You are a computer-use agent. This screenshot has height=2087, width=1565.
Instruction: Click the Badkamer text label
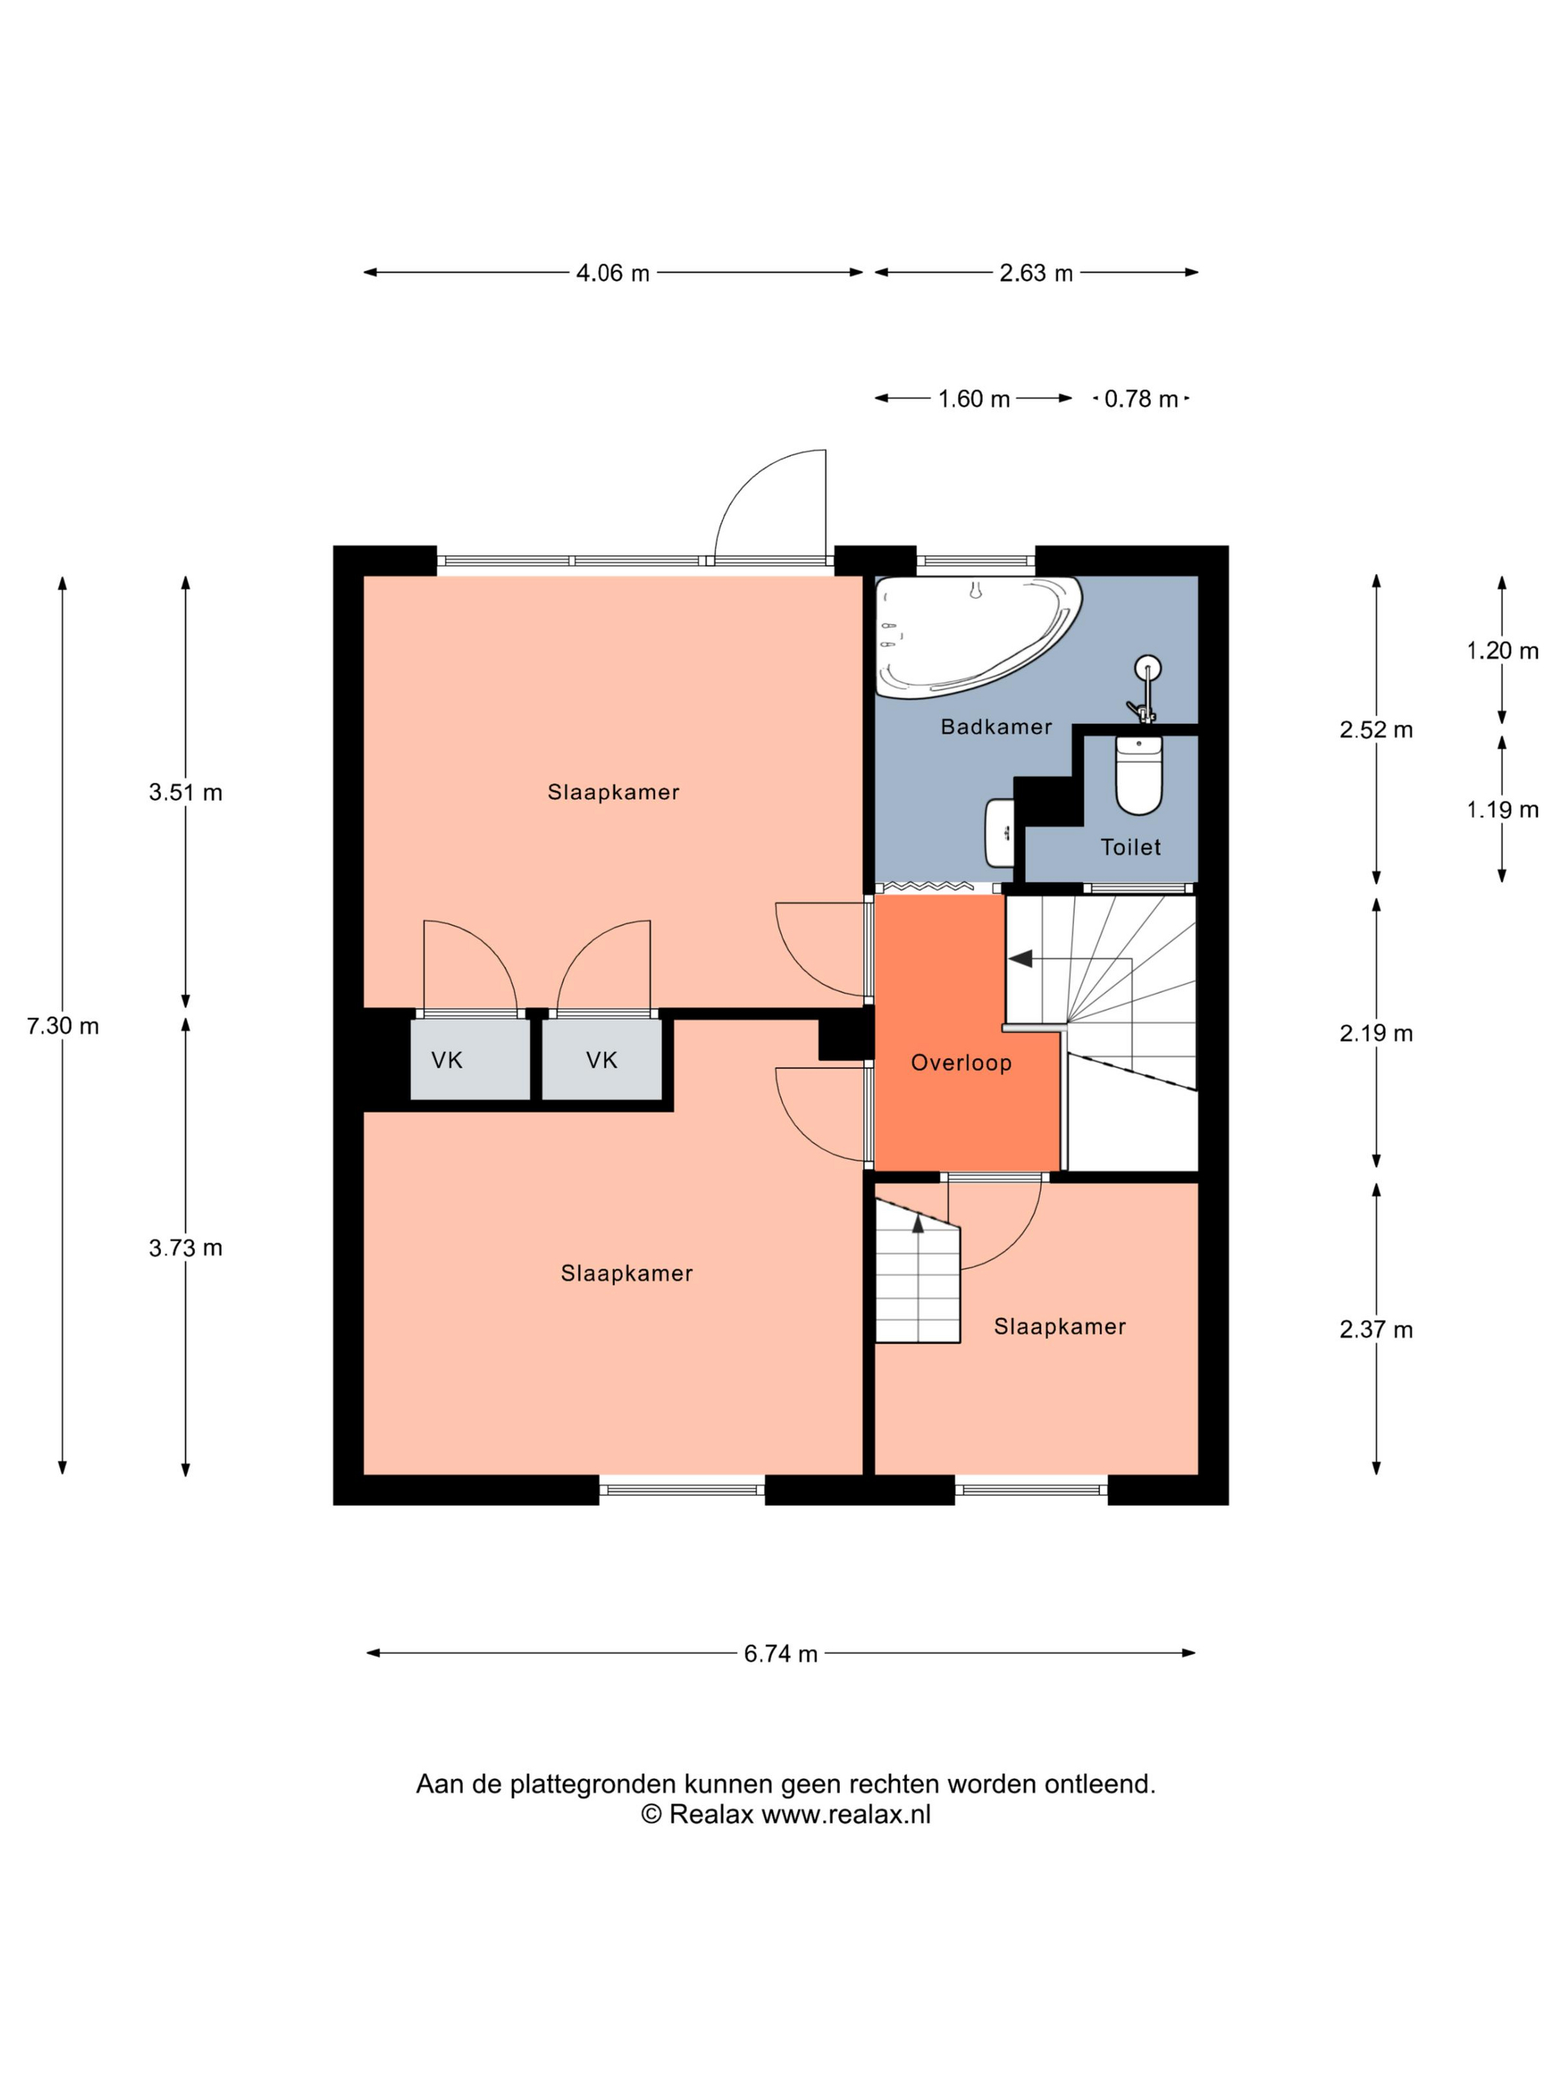tap(995, 727)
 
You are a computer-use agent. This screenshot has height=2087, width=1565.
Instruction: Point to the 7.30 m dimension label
tap(63, 1026)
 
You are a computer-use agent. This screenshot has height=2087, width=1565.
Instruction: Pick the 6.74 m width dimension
tap(780, 1653)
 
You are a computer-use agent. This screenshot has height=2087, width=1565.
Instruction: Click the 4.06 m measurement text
tap(613, 273)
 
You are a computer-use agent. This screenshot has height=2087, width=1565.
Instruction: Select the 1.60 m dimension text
tap(973, 399)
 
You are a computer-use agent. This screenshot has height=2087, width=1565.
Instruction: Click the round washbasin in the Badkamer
tap(1147, 669)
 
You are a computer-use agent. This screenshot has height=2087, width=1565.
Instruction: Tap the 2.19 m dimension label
tap(1376, 1033)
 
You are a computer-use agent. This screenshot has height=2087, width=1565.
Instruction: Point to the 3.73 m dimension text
tap(185, 1248)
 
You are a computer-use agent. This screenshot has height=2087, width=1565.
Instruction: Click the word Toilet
tap(1130, 847)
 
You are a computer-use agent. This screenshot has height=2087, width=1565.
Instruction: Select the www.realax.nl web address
tap(845, 1814)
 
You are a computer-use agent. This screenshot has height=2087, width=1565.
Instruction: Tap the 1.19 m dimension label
tap(1502, 809)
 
